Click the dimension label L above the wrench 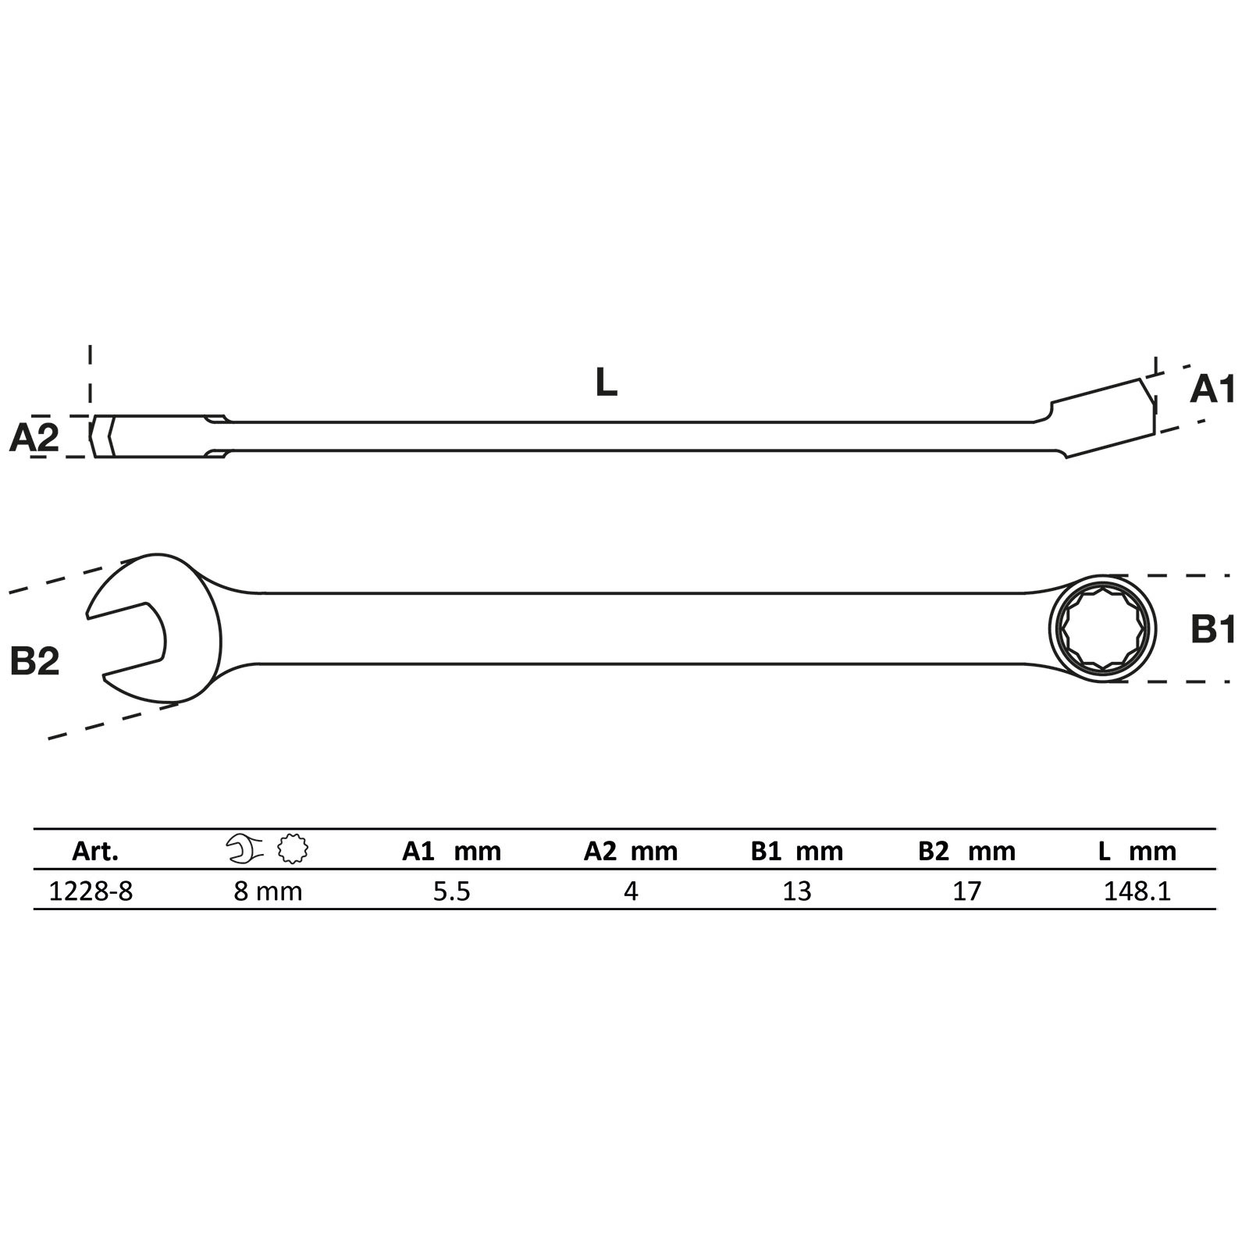pyautogui.click(x=606, y=383)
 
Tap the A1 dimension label pyautogui.click(x=1212, y=390)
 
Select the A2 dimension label pyautogui.click(x=34, y=438)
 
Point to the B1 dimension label pyautogui.click(x=1212, y=628)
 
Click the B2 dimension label pyautogui.click(x=34, y=661)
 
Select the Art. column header pyautogui.click(x=95, y=851)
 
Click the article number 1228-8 pyautogui.click(x=91, y=891)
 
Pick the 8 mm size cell pyautogui.click(x=268, y=891)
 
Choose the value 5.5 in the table pyautogui.click(x=452, y=891)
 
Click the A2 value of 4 pyautogui.click(x=631, y=891)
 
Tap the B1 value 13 pyautogui.click(x=797, y=891)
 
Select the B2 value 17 pyautogui.click(x=966, y=891)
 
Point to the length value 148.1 pyautogui.click(x=1137, y=891)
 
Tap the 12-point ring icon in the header pyautogui.click(x=293, y=849)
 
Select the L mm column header pyautogui.click(x=1137, y=851)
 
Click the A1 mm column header pyautogui.click(x=452, y=851)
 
